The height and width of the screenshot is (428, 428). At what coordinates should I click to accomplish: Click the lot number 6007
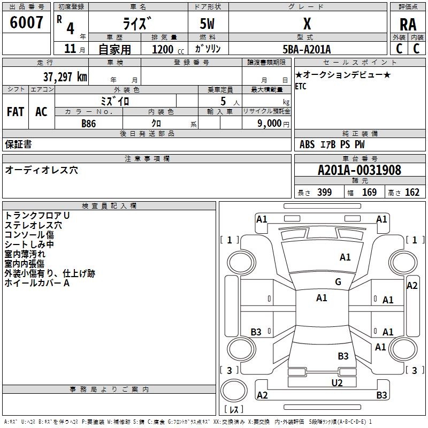(x=26, y=22)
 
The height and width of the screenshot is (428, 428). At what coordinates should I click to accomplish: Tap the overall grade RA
(x=408, y=25)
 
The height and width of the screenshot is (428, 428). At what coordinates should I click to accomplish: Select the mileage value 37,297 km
(x=65, y=77)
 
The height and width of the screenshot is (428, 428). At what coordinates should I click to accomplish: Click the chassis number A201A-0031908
(x=360, y=170)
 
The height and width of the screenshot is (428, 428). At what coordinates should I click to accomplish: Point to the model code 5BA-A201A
(x=307, y=49)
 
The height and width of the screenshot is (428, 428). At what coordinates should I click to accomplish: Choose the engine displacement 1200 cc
(x=168, y=49)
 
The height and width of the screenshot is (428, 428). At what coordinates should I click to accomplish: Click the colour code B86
(x=89, y=124)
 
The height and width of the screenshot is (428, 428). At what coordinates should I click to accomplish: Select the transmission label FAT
(x=16, y=112)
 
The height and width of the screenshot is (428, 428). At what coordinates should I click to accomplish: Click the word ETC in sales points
(x=301, y=86)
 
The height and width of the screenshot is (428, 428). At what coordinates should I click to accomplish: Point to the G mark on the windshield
(x=338, y=281)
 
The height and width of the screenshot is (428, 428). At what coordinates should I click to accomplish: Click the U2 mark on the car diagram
(x=337, y=383)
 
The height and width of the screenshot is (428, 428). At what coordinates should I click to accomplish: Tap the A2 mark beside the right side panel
(x=412, y=286)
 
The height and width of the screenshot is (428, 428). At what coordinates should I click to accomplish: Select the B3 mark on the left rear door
(x=256, y=332)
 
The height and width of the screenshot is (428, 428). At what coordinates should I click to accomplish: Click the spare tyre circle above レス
(x=234, y=391)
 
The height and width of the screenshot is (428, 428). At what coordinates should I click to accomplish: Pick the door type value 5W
(x=207, y=24)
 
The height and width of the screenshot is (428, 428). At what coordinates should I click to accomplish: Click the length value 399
(x=324, y=192)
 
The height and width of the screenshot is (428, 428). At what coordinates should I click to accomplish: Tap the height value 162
(x=412, y=192)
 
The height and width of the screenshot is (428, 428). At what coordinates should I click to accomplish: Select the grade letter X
(x=307, y=24)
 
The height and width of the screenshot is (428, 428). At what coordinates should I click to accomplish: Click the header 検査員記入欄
(x=109, y=206)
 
